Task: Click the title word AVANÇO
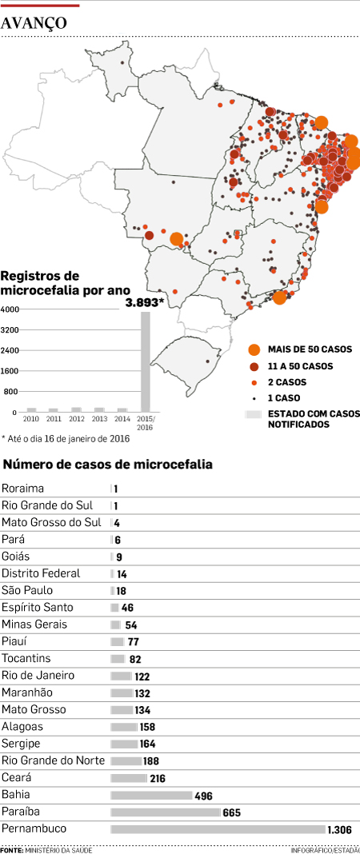34,24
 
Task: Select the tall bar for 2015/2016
146,361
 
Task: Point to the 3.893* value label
144,302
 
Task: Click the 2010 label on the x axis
31,419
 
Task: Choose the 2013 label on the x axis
99,419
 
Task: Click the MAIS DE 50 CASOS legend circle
254,349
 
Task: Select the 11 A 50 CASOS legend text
300,366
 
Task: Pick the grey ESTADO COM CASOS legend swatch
254,414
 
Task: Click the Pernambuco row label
34,828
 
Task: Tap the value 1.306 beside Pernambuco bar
342,829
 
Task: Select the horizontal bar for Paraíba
165,812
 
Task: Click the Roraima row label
23,488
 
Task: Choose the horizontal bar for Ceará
128,778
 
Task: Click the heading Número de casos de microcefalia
109,465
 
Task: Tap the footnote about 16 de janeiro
66,438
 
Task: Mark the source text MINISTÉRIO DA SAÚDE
58,849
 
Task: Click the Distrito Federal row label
41,573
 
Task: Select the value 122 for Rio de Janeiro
142,676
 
